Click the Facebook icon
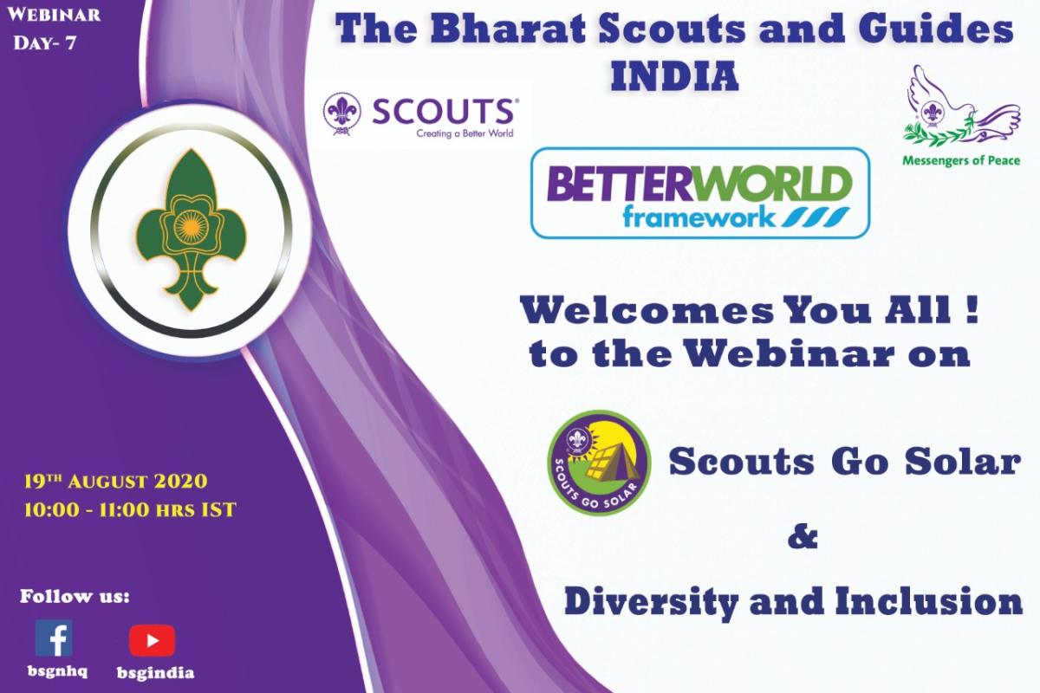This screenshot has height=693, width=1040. [54, 638]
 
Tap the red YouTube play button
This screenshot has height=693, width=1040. [152, 640]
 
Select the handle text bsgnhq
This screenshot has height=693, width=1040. [57, 671]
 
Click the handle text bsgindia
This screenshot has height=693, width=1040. [155, 672]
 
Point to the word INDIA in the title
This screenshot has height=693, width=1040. [674, 76]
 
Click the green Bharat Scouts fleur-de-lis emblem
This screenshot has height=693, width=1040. [191, 230]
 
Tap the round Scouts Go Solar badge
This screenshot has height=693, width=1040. [599, 463]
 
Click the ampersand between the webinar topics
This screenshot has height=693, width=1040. [803, 536]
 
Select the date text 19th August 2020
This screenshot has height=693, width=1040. [115, 482]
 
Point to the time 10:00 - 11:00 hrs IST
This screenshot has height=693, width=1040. [130, 509]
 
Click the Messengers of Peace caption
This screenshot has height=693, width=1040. [961, 161]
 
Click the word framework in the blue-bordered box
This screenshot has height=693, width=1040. [699, 217]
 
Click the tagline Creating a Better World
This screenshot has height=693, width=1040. [465, 133]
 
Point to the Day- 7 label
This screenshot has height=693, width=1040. [44, 43]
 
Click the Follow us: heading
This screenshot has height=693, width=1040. [75, 597]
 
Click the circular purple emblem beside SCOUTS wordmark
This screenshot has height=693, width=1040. [342, 113]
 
